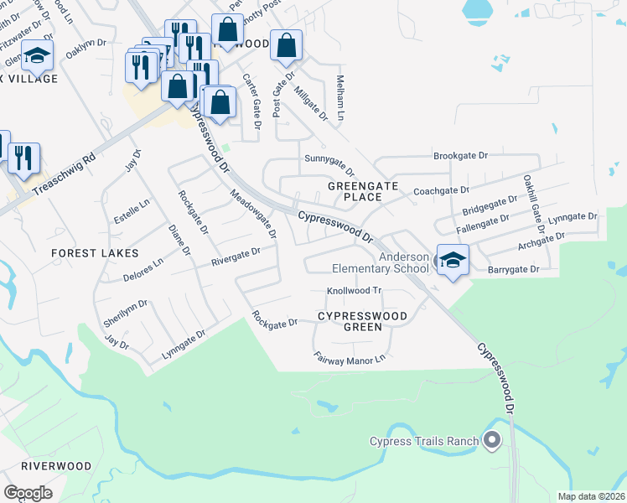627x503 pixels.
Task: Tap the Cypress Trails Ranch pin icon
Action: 492,439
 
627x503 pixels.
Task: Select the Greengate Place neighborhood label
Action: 355,190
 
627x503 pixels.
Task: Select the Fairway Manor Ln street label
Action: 350,358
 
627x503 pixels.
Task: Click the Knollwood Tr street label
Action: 354,291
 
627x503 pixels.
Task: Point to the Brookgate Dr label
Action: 460,156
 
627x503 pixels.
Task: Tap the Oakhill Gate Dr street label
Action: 530,200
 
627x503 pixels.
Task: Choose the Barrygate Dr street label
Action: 513,270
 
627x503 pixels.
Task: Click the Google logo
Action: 28,492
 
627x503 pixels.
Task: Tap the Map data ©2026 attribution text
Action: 591,496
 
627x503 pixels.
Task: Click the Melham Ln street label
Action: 341,96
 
